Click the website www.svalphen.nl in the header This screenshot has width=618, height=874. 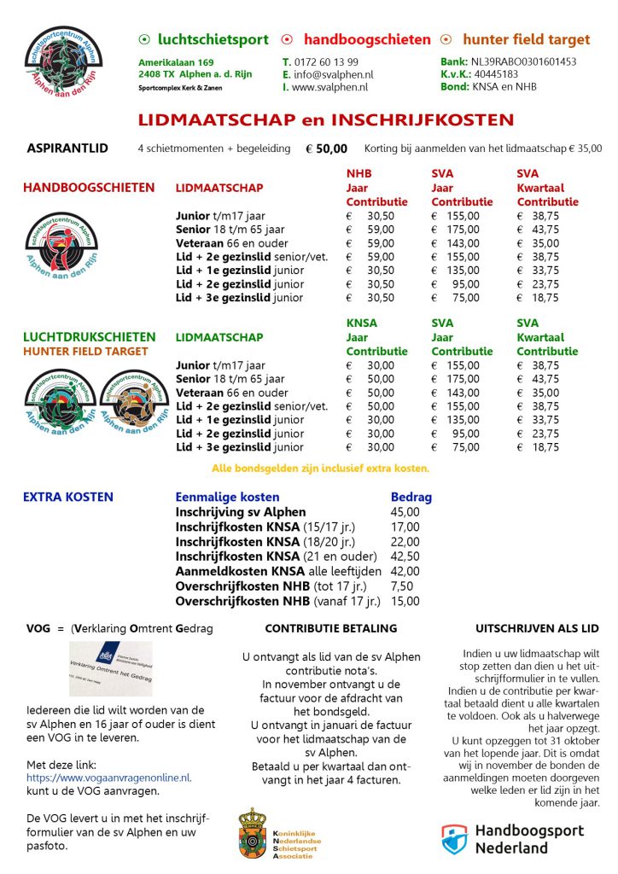click(329, 87)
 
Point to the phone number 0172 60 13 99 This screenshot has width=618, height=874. click(325, 62)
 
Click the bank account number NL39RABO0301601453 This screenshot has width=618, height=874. click(523, 62)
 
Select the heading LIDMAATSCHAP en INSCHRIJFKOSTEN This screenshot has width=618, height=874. click(326, 120)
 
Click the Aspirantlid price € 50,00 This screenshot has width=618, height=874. click(326, 149)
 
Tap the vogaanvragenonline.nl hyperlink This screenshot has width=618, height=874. click(109, 778)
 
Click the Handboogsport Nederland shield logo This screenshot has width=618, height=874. click(454, 839)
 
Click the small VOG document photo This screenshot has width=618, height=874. click(110, 668)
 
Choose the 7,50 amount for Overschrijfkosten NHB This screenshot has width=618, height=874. click(402, 586)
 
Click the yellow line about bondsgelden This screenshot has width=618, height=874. click(320, 468)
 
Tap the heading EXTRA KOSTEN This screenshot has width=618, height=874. click(67, 497)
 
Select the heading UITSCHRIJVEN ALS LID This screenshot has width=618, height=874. click(537, 628)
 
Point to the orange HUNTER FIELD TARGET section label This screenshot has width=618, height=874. click(85, 351)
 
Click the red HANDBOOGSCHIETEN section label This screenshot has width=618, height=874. click(89, 188)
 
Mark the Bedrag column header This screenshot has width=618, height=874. click(411, 497)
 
